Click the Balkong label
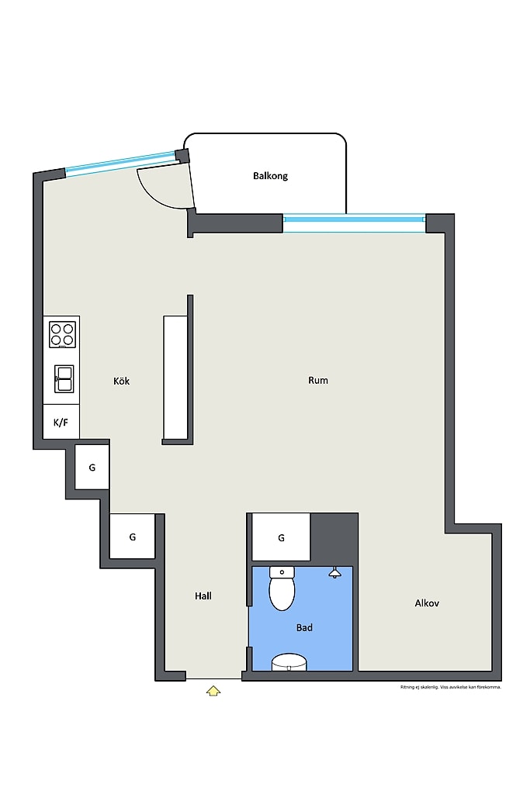270,176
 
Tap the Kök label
121,381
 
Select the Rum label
317,380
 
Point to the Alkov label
427,603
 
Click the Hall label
203,596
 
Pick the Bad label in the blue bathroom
304,628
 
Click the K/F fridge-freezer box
61,421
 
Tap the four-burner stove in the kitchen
62,334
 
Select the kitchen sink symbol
64,378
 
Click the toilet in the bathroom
282,589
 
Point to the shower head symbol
334,573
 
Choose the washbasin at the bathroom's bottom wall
289,662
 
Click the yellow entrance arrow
213,691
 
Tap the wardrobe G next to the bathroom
281,537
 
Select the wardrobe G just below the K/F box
92,468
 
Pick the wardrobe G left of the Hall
132,537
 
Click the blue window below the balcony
354,223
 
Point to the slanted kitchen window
122,163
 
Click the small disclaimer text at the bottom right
450,687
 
